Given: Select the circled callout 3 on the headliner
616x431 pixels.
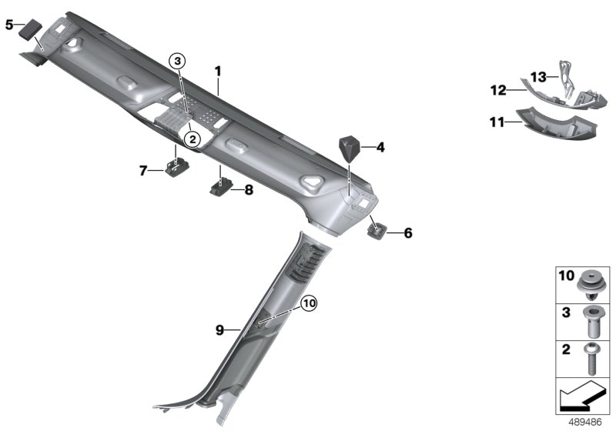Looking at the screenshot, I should click(x=178, y=61).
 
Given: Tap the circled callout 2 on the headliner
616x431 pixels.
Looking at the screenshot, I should click(x=191, y=138).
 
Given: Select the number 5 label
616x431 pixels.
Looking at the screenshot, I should click(x=9, y=25).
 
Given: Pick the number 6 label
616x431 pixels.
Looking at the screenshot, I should click(x=408, y=232).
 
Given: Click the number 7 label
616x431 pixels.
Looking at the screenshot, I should click(x=143, y=171).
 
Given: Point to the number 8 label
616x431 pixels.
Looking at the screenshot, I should click(x=247, y=189).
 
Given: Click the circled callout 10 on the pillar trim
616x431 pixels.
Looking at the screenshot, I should click(x=308, y=304).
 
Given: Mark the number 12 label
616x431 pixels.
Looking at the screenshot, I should click(x=498, y=91).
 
